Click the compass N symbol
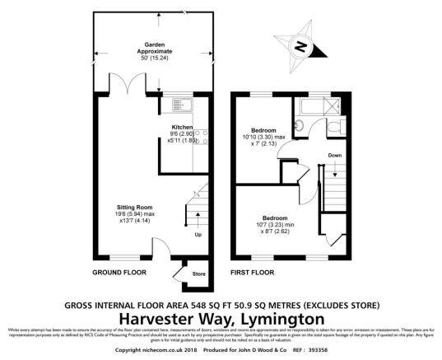pyautogui.click(x=301, y=48)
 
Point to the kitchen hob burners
pyautogui.click(x=202, y=143)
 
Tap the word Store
pyautogui.click(x=198, y=274)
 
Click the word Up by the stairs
pyautogui.click(x=198, y=235)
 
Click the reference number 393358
pyautogui.click(x=316, y=350)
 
